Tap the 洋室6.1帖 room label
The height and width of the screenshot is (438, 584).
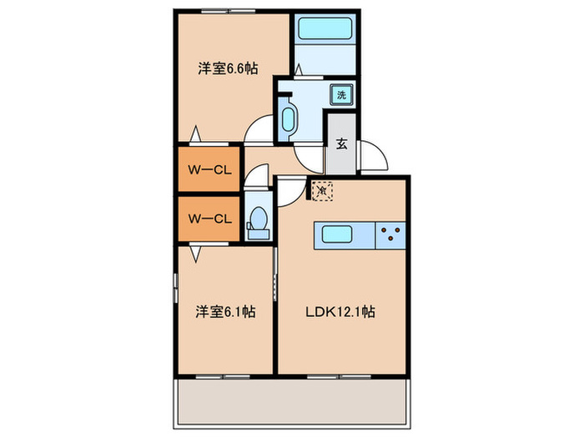coord(226,312)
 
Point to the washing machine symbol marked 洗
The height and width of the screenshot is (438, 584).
coord(341,94)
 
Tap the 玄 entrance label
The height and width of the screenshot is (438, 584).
coord(342,143)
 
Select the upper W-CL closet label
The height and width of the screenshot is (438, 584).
coord(209,170)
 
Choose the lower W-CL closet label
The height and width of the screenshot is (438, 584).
coord(209,219)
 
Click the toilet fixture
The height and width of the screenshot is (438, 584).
coord(258,219)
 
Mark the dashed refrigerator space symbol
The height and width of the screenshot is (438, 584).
coord(322,191)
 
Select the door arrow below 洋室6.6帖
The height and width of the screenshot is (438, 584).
coord(194,133)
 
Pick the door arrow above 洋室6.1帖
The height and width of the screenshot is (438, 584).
coord(194,250)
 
